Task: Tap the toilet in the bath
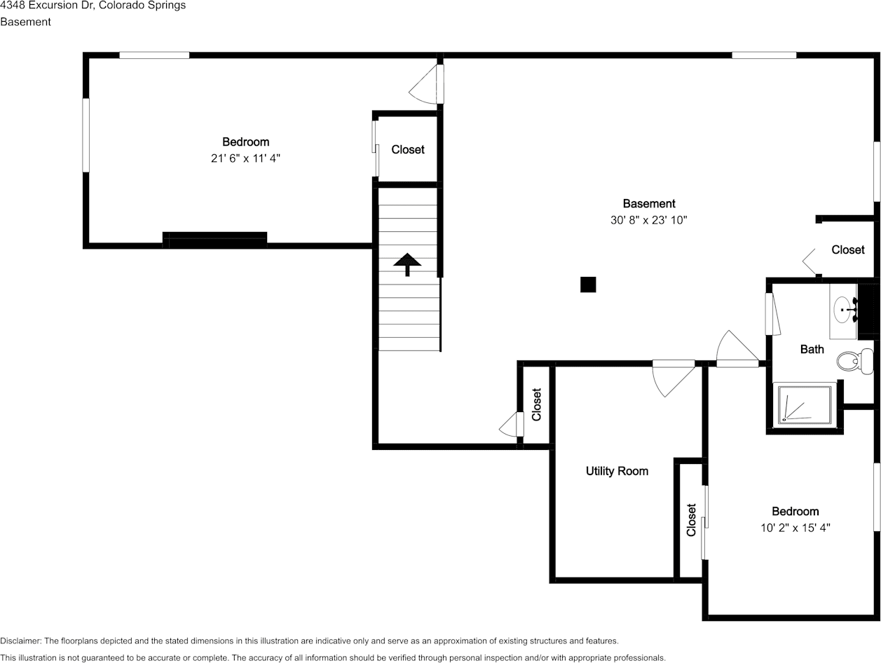pos(854,361)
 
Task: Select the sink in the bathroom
pos(843,310)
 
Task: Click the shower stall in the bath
pos(805,404)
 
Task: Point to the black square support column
pos(588,285)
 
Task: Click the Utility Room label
pos(617,471)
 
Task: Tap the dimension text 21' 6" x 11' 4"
pos(245,158)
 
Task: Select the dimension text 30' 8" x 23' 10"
pos(648,220)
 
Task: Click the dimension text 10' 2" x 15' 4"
pos(795,528)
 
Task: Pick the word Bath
pos(812,350)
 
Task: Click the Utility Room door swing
pos(674,378)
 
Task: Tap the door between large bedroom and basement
pos(427,84)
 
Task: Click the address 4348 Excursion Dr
pos(46,5)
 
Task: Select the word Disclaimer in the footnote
pos(20,641)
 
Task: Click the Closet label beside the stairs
pos(408,150)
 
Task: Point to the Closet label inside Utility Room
pos(691,520)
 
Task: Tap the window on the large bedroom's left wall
pos(86,135)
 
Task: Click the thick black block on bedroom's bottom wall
pos(214,240)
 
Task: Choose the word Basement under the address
pos(25,22)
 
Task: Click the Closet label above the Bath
pos(847,250)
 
